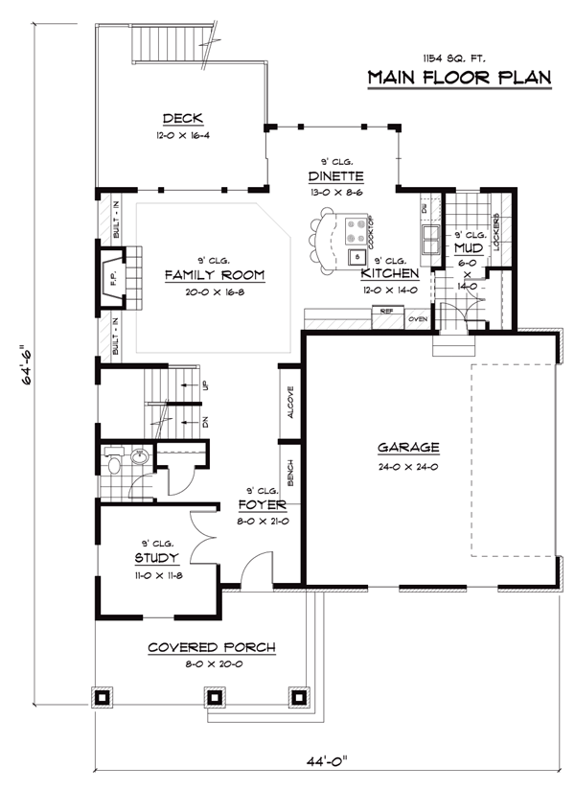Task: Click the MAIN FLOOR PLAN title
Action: point(460,78)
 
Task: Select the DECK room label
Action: point(182,119)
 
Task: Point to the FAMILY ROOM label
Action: point(214,275)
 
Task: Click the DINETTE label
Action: point(335,176)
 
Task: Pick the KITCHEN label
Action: point(390,273)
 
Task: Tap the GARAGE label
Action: point(408,447)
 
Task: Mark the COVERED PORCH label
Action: point(211,648)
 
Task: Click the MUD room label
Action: point(469,248)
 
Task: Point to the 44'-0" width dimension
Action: point(322,762)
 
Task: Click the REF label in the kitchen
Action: point(386,312)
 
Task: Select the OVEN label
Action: point(417,318)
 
